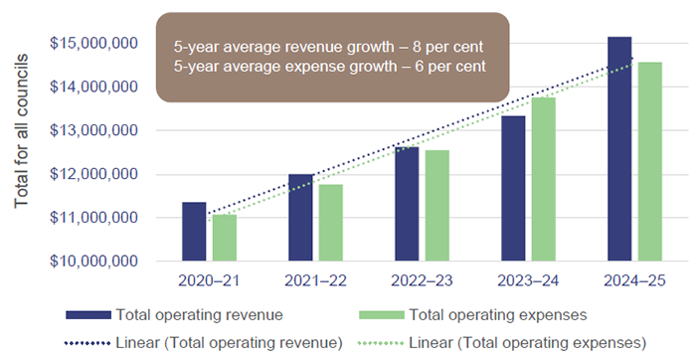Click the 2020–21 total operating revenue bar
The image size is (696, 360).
194,232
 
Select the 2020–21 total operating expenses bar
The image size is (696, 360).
224,238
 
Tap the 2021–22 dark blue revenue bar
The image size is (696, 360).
301,218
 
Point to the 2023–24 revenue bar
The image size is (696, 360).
514,189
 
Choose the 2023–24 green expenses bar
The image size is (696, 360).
544,179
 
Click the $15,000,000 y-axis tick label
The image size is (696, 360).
91,44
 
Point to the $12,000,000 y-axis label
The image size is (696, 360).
91,174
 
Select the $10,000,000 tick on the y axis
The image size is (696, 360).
91,262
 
